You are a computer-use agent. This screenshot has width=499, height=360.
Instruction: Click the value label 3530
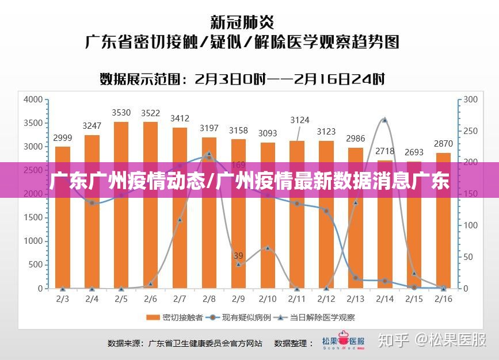[x=121, y=113]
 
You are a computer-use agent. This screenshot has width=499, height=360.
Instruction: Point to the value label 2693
[x=414, y=152]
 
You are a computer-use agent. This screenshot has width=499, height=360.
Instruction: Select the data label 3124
[x=299, y=120]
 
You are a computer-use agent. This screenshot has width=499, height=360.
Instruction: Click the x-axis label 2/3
[x=62, y=299]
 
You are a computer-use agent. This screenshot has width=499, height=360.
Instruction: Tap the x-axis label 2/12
[x=326, y=299]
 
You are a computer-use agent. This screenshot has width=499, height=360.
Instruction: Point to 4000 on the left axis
[x=33, y=99]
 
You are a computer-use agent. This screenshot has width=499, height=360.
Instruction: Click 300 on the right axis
[x=471, y=99]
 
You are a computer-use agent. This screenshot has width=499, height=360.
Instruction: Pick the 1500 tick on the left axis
[x=33, y=217]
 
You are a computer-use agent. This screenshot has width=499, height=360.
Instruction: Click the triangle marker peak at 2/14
[x=384, y=120]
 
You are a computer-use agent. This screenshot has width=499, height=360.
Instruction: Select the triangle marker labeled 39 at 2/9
[x=238, y=264]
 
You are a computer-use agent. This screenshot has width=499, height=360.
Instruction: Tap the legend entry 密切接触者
[x=176, y=317]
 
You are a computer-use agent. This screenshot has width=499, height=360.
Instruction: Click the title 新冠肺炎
[x=242, y=23]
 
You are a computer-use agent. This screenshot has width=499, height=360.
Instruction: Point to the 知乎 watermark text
[x=393, y=340]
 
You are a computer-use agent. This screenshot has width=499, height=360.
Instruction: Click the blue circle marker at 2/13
[x=356, y=278]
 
